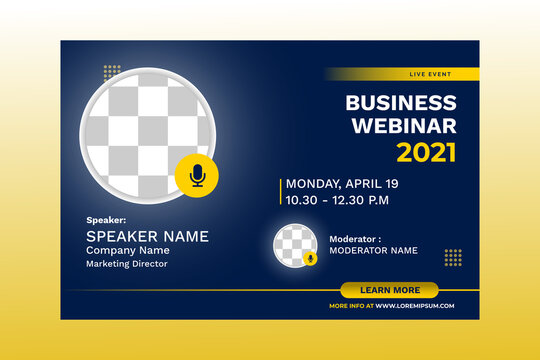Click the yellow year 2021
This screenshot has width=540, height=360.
click(x=426, y=153)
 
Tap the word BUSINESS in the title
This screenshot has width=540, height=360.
click(x=400, y=103)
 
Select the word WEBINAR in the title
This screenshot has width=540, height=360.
click(x=400, y=126)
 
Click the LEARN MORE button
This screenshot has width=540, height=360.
click(x=389, y=290)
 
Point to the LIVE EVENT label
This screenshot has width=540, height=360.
click(x=430, y=74)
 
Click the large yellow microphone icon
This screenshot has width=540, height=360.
click(x=197, y=176)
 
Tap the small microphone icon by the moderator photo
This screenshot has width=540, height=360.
click(x=310, y=258)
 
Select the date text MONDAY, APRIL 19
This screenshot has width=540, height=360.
click(x=342, y=184)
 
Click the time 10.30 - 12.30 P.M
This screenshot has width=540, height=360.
click(x=337, y=200)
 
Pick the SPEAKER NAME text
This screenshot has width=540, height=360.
click(x=147, y=237)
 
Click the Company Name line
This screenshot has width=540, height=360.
click(x=127, y=251)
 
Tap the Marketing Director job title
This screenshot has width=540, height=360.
click(x=126, y=264)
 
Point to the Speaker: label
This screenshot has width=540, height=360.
click(x=106, y=219)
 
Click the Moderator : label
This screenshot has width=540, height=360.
click(x=355, y=239)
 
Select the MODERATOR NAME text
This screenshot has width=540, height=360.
click(x=373, y=250)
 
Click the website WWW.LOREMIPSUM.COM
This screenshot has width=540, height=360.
click(x=415, y=305)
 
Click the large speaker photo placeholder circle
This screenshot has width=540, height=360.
click(x=145, y=130)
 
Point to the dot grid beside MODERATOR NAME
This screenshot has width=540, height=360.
click(x=453, y=257)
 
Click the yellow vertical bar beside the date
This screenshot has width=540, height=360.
click(x=281, y=192)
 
